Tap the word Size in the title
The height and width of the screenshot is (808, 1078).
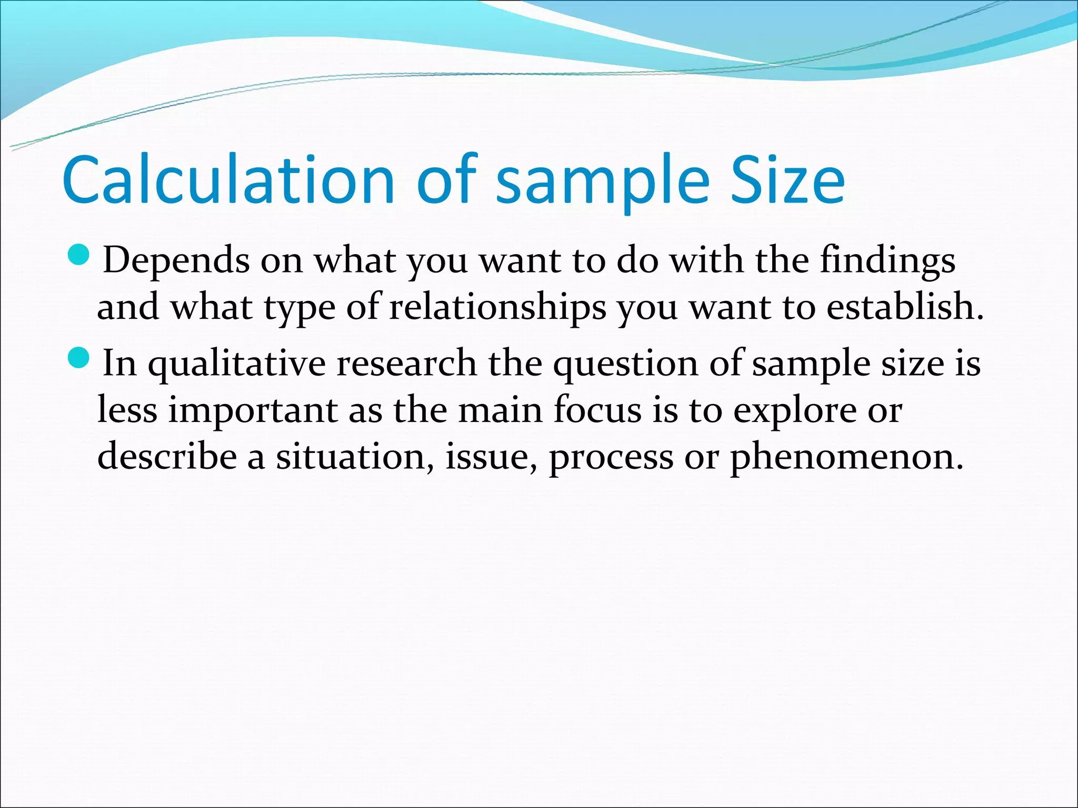[787, 180]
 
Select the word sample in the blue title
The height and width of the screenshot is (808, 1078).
[602, 180]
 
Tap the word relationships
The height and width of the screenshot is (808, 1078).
[497, 307]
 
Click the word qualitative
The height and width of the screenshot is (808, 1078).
[237, 363]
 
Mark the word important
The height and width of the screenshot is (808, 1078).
[253, 410]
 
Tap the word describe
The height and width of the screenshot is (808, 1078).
[167, 456]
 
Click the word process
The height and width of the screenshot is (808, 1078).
[611, 456]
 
